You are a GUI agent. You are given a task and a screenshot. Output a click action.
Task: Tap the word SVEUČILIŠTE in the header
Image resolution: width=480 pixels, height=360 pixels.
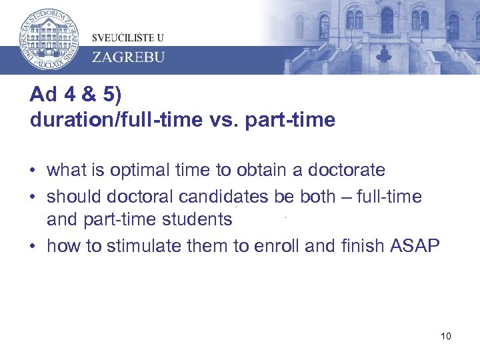coord(118,37)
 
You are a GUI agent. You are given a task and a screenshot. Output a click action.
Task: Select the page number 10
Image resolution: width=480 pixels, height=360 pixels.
coord(446,335)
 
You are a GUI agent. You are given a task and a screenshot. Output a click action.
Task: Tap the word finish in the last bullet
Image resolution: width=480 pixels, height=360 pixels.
coord(359,245)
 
